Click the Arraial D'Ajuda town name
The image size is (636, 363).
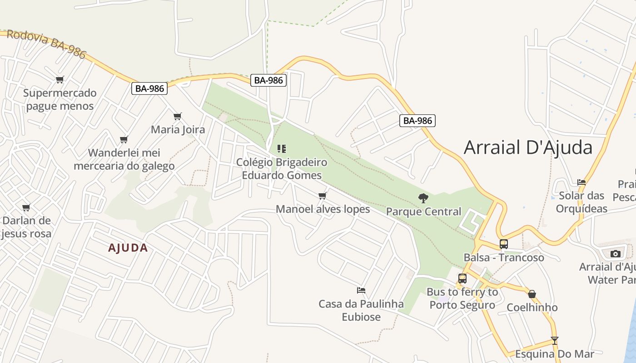click(x=528, y=148)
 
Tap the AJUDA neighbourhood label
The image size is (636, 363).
click(x=128, y=248)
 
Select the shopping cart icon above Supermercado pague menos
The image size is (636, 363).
click(x=60, y=80)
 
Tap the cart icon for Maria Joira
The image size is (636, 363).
click(x=178, y=116)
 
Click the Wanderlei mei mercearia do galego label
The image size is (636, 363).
click(x=124, y=159)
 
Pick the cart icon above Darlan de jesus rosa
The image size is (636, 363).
click(x=26, y=208)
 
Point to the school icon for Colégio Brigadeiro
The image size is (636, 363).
click(x=282, y=148)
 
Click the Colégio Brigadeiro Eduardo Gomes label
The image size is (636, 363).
click(x=282, y=169)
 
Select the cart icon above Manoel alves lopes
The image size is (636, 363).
click(x=323, y=196)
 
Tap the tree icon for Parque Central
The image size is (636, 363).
click(x=423, y=198)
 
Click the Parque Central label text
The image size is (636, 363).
click(x=423, y=211)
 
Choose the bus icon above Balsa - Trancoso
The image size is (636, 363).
click(x=503, y=244)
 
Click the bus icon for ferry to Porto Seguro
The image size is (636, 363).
click(x=462, y=279)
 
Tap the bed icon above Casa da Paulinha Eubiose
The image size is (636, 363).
click(x=361, y=290)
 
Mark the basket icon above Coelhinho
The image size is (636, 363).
click(x=532, y=294)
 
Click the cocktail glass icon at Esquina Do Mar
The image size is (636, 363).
click(x=554, y=340)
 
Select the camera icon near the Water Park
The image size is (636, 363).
click(x=616, y=253)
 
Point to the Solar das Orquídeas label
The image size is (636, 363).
click(x=581, y=202)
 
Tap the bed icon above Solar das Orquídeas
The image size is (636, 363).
click(x=581, y=182)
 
